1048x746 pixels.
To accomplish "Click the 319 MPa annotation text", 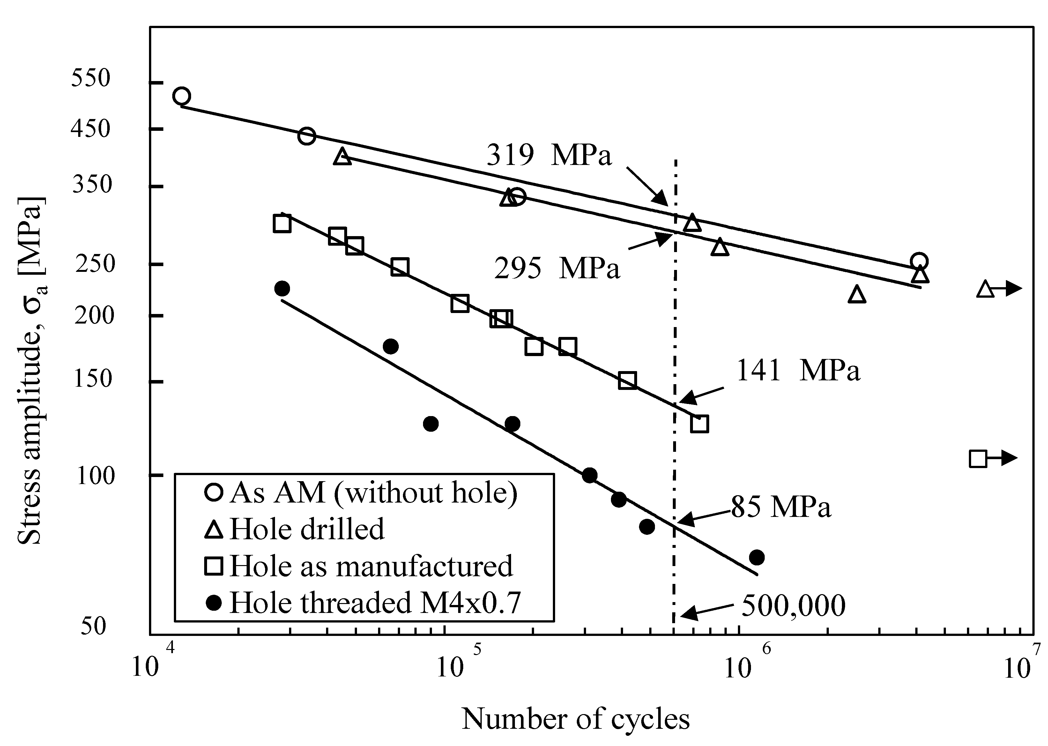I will [x=549, y=155].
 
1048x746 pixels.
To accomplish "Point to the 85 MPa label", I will [x=781, y=507].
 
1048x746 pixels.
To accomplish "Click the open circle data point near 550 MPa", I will [x=182, y=96].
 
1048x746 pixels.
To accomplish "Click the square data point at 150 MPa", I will [x=627, y=380].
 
